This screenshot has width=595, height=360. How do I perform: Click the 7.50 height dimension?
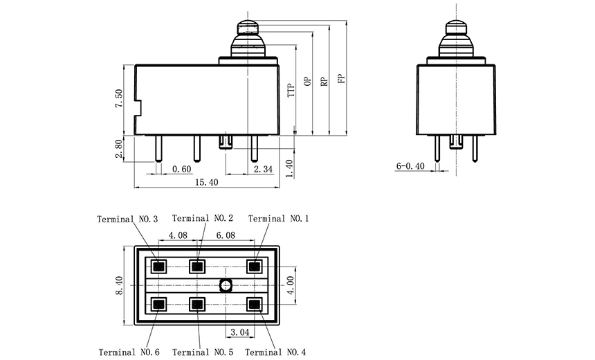click(x=120, y=99)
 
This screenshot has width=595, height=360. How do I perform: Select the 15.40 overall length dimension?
click(x=207, y=182)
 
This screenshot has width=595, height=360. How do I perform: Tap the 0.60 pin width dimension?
click(x=181, y=170)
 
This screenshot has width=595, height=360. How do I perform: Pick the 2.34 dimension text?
click(x=263, y=170)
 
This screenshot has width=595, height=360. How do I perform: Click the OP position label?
click(x=307, y=81)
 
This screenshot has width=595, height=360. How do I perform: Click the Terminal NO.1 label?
click(x=278, y=219)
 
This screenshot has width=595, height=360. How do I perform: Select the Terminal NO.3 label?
click(x=127, y=219)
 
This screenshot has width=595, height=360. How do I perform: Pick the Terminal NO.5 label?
click(x=203, y=352)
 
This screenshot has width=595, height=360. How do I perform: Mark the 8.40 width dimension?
click(x=120, y=285)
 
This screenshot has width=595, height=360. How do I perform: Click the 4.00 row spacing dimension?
click(x=291, y=285)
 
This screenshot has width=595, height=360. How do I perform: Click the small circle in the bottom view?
click(x=226, y=285)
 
